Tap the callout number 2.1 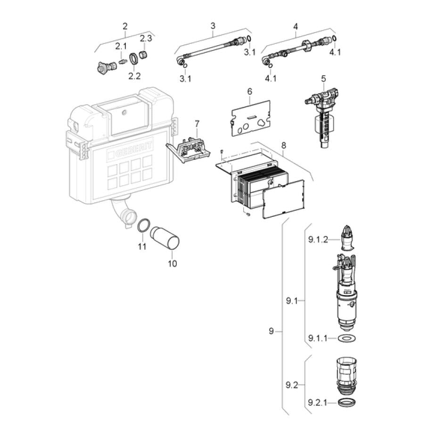click(121, 46)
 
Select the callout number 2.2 click(134, 76)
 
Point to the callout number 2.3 click(146, 38)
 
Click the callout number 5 click(323, 78)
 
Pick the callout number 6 click(249, 91)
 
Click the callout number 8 click(283, 145)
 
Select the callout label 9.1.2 click(318, 240)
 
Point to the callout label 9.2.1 click(318, 403)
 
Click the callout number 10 click(172, 264)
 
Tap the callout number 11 click(142, 246)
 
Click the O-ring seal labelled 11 click(143, 225)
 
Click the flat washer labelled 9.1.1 click(346, 338)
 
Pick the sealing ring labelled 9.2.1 click(346, 402)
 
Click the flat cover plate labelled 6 click(250, 118)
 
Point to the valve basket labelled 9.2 click(346, 376)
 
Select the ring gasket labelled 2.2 click(134, 59)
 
